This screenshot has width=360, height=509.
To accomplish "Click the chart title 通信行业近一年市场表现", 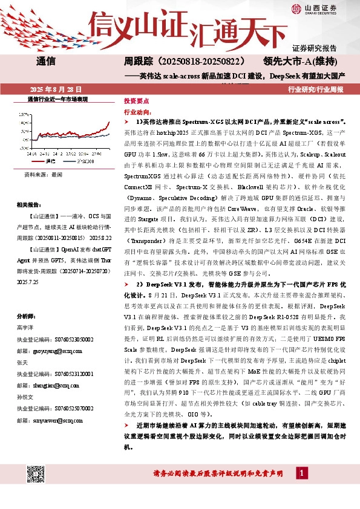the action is pyautogui.click(x=57, y=98).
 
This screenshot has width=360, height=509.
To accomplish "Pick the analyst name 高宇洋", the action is pyautogui.click(x=26, y=326).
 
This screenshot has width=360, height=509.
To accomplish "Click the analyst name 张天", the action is pyautogui.click(x=23, y=362).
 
